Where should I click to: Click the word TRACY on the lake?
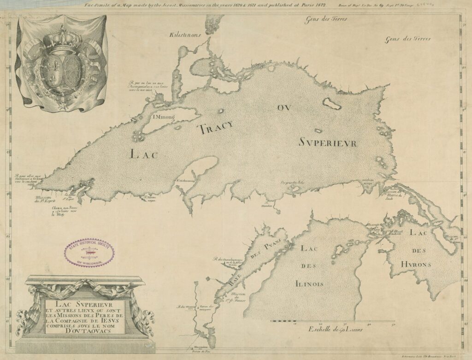(x=216, y=127)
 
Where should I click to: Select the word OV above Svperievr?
(x=284, y=108)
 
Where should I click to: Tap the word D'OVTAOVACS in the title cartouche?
(x=85, y=330)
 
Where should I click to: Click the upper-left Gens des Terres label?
(x=327, y=20)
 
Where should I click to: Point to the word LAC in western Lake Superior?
(x=144, y=154)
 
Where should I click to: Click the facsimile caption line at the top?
(x=205, y=6)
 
